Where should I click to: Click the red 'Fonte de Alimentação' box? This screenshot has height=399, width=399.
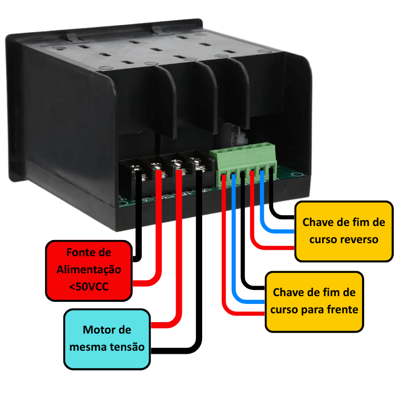pos(89,271)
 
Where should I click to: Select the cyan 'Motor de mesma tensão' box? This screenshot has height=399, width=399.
pos(107,339)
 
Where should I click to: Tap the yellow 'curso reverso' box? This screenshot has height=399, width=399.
pos(344,231)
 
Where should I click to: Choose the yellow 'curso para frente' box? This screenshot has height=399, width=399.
pos(314,302)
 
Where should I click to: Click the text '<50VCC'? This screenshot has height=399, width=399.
pos(89,287)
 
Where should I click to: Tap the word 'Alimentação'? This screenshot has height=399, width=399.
pos(89,270)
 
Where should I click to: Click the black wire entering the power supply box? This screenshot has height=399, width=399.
pos(138,216)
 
